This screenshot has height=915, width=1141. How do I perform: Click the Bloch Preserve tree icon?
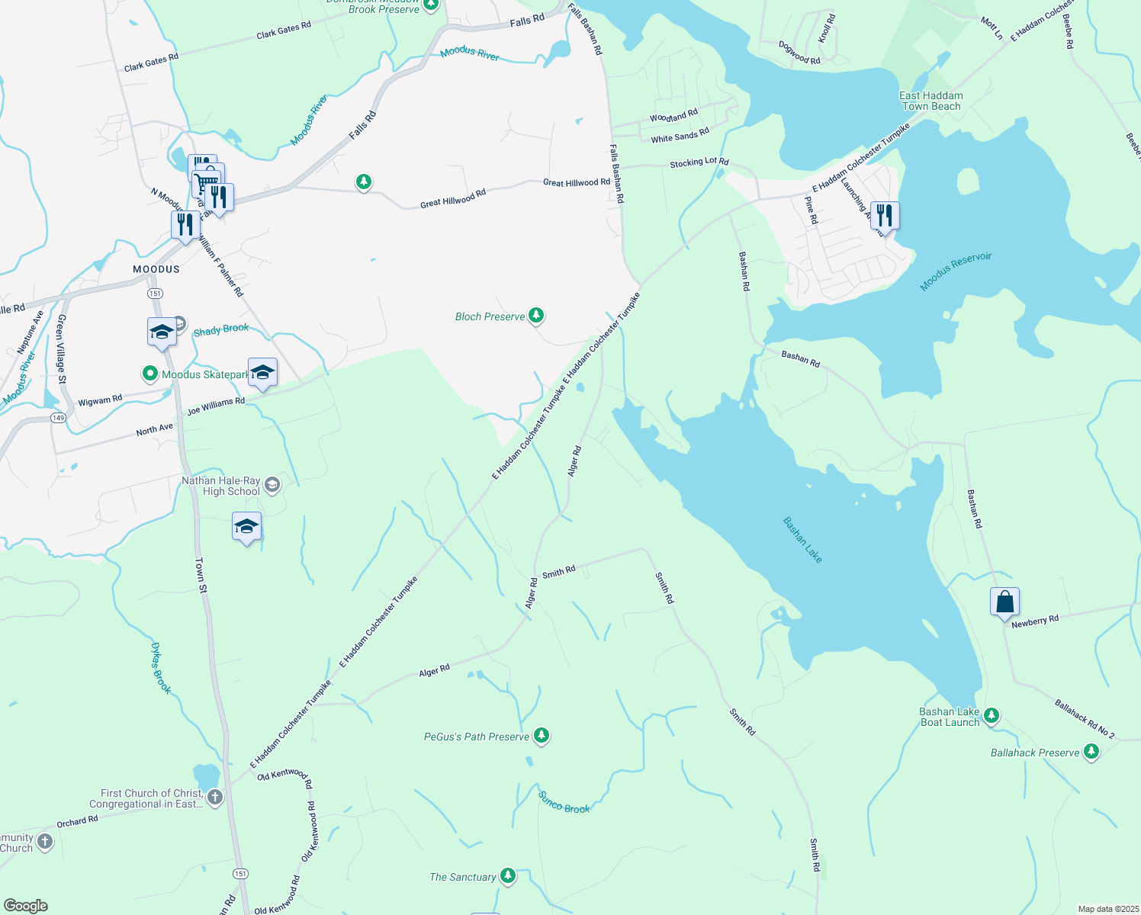[x=536, y=315]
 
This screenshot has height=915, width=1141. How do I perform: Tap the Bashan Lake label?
[x=803, y=540]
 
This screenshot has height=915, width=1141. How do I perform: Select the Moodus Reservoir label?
[x=955, y=271]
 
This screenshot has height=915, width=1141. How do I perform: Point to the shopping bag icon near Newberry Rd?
[x=1004, y=601]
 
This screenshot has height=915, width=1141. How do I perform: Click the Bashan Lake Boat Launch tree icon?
[x=992, y=715]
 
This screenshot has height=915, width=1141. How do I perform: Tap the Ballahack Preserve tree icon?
[x=1091, y=752]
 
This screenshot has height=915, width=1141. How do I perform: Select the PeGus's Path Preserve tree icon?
[x=541, y=736]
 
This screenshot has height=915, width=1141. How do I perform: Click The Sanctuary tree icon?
[x=507, y=876]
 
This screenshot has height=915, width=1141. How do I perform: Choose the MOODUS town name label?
[x=156, y=269]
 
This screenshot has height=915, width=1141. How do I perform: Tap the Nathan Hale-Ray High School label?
[x=221, y=486]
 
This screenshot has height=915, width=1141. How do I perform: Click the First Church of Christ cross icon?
[x=215, y=798]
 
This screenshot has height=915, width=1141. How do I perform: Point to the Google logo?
[x=26, y=906]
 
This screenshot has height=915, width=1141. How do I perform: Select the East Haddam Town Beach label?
[x=931, y=101]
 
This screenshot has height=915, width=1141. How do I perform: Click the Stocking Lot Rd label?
[x=699, y=162]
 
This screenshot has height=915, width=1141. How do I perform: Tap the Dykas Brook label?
[x=161, y=668]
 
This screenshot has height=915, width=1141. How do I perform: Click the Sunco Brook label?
[x=564, y=803]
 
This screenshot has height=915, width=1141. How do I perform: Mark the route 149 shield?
[x=58, y=418]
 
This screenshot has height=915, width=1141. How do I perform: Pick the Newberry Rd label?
[x=1035, y=621]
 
